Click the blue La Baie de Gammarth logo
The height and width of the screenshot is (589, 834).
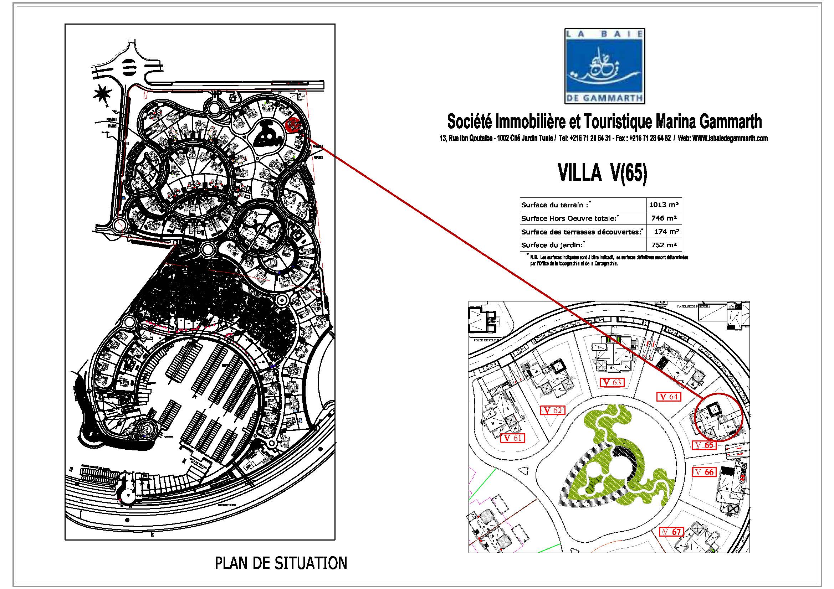[604, 66]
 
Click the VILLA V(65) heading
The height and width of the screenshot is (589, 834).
[603, 174]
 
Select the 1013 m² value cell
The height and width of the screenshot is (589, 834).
[664, 205]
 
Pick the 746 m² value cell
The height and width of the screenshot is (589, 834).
[664, 218]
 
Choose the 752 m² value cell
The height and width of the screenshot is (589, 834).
[664, 245]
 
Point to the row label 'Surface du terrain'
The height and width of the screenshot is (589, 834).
[554, 205]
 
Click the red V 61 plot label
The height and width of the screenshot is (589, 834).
[512, 438]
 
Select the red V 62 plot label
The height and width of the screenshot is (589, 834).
[553, 410]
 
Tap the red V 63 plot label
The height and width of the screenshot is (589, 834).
[612, 382]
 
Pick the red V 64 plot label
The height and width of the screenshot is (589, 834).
[669, 397]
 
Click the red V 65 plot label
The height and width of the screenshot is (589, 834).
[704, 445]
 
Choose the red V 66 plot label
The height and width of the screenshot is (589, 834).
[705, 472]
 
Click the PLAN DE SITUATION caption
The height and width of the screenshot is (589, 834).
[281, 563]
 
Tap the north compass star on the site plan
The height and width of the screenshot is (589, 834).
[102, 94]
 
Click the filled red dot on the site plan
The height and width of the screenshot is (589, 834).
[292, 125]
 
